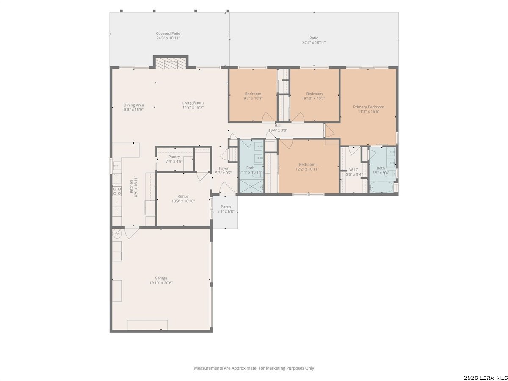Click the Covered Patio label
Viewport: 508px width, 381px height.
168,33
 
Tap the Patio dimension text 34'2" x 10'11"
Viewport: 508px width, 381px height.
314,43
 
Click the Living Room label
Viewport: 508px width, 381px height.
193,103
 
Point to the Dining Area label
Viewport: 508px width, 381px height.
134,105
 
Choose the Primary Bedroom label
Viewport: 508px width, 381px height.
368,107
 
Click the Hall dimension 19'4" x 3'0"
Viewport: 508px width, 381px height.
278,130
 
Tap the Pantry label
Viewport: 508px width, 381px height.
174,157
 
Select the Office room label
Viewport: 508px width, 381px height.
183,196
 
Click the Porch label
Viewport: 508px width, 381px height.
226,207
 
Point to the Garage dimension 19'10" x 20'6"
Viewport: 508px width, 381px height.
161,283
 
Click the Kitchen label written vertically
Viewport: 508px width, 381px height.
132,186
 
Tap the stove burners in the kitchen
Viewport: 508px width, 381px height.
117,191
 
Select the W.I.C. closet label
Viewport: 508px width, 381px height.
354,170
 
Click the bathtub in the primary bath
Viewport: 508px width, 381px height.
381,188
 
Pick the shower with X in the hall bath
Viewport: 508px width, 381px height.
251,186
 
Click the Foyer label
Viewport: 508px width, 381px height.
224,168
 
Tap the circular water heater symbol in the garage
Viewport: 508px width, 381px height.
117,234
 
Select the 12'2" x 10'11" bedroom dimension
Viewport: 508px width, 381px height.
307,169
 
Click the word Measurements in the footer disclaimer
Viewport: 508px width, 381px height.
208,368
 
